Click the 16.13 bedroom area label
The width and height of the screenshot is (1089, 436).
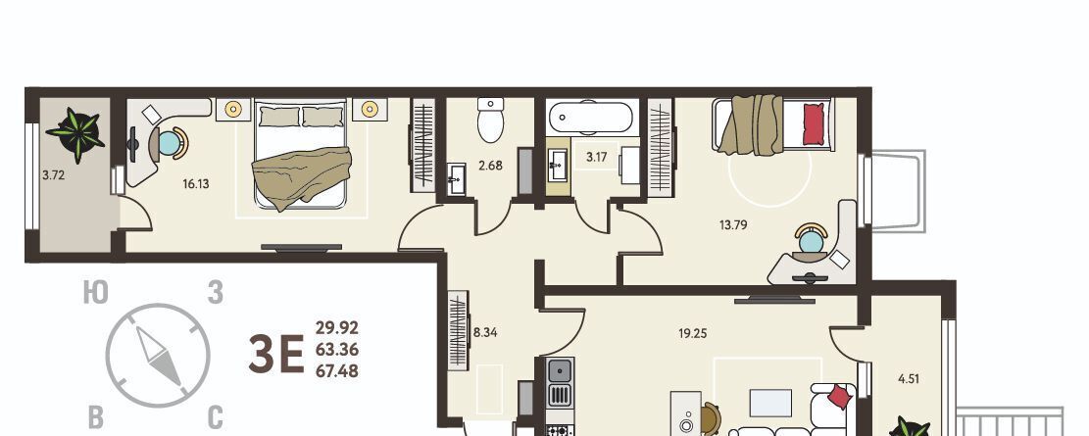pyautogui.click(x=196, y=184)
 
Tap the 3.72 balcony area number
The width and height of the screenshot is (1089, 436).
pyautogui.click(x=54, y=175)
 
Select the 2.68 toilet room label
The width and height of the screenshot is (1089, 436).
pyautogui.click(x=490, y=166)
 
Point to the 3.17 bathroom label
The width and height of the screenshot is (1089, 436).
pyautogui.click(x=597, y=158)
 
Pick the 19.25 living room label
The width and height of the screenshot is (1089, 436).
pyautogui.click(x=692, y=333)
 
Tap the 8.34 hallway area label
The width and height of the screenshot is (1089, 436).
pyautogui.click(x=485, y=332)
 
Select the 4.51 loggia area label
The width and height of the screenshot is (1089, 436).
pyautogui.click(x=909, y=379)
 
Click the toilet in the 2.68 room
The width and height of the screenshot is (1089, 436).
pyautogui.click(x=491, y=121)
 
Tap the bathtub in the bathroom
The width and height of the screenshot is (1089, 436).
pyautogui.click(x=590, y=118)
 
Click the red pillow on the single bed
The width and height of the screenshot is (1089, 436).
pyautogui.click(x=814, y=124)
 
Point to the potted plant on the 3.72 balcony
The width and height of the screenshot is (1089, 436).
pyautogui.click(x=75, y=134)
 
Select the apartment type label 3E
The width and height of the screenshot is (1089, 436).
pyautogui.click(x=276, y=354)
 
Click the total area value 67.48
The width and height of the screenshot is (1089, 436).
pyautogui.click(x=337, y=372)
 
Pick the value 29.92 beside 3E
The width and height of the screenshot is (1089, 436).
pyautogui.click(x=337, y=327)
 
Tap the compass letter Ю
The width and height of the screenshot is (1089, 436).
pyautogui.click(x=96, y=293)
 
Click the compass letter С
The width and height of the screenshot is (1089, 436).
pyautogui.click(x=216, y=418)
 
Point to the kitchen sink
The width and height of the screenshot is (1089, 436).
pyautogui.click(x=561, y=370)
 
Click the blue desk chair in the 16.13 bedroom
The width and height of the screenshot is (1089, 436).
pyautogui.click(x=171, y=143)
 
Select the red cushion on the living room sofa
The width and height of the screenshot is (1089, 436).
pyautogui.click(x=840, y=397)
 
